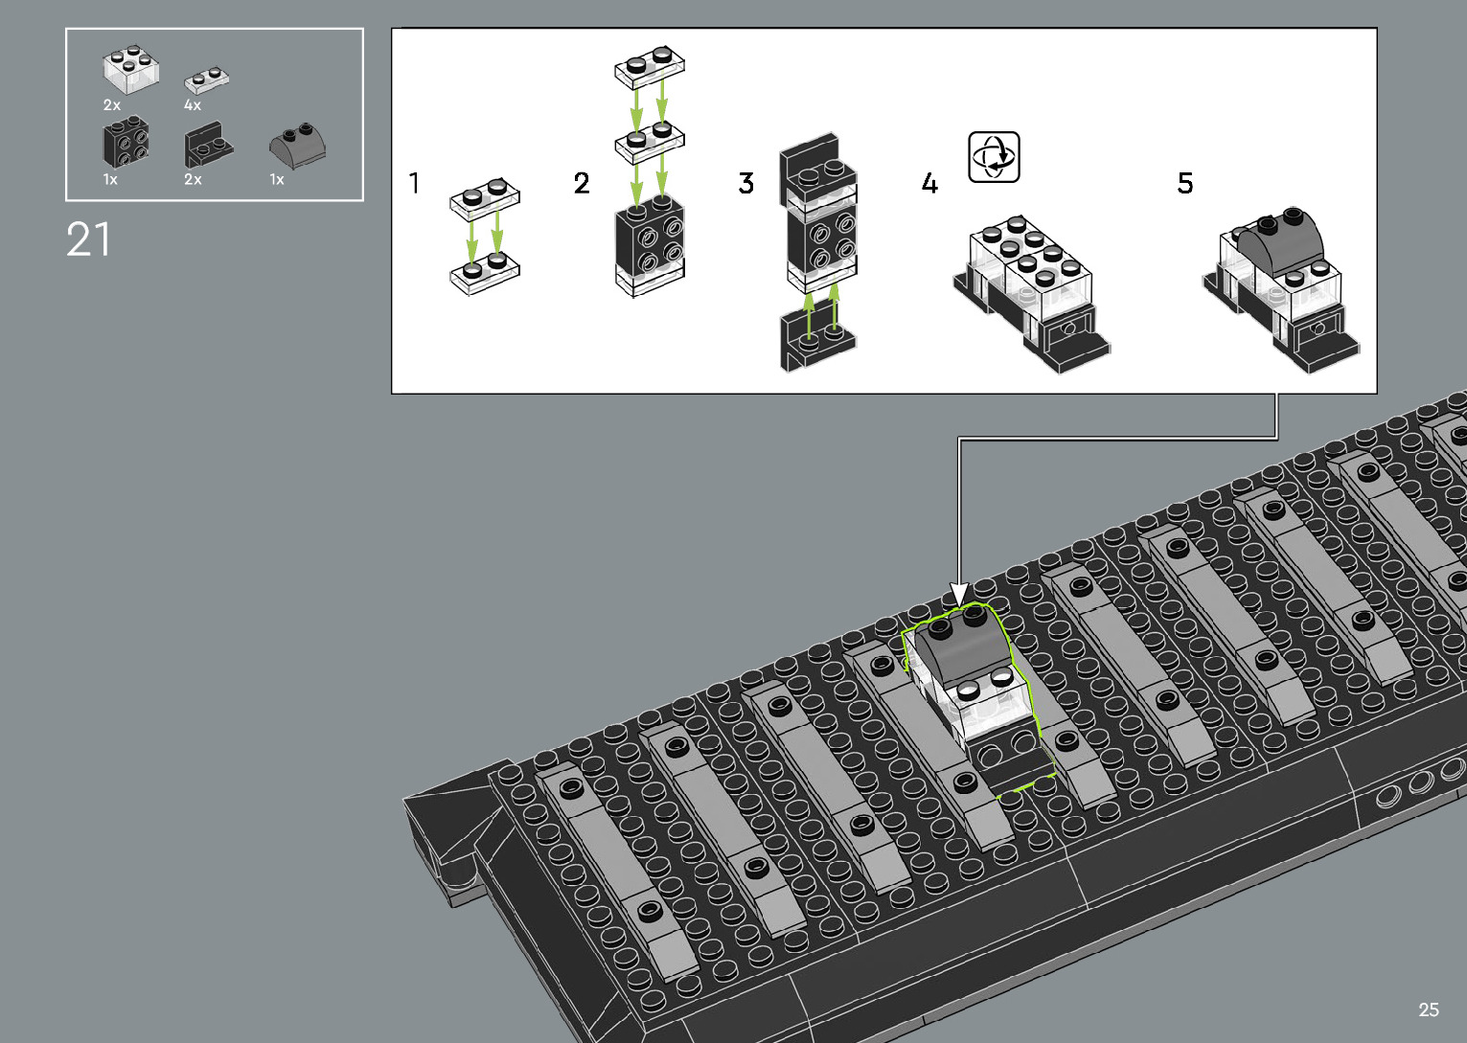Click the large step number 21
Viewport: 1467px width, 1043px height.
point(88,239)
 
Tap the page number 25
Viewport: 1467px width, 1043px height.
point(1428,1009)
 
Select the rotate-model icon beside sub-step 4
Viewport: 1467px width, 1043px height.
point(994,157)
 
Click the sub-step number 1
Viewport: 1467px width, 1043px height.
point(414,183)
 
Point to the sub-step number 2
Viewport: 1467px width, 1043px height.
point(582,183)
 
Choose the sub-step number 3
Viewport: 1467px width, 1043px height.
point(746,183)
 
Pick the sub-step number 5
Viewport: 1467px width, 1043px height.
point(1185,183)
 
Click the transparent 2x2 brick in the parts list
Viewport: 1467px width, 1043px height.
point(130,70)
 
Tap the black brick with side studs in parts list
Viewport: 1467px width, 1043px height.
point(126,144)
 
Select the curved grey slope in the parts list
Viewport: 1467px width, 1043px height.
point(297,145)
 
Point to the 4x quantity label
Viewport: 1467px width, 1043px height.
point(193,105)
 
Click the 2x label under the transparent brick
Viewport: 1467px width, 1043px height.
point(112,105)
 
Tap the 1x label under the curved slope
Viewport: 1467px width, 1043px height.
point(277,179)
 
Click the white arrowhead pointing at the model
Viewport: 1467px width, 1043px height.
point(959,594)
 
